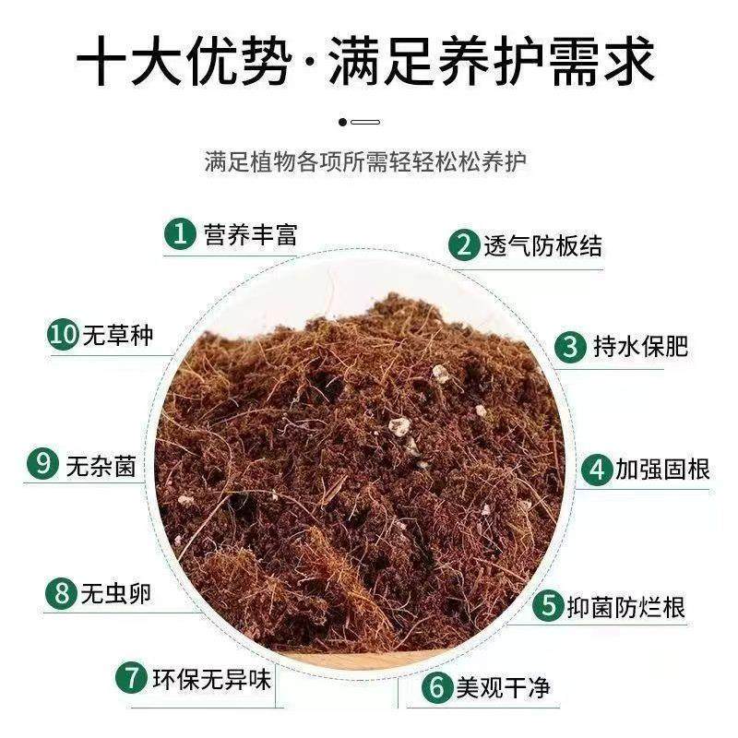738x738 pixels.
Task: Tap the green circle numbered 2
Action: (x=463, y=245)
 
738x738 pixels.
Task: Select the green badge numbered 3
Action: (x=571, y=346)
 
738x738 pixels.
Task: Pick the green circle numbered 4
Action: (x=597, y=470)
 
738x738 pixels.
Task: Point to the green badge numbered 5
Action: (x=551, y=606)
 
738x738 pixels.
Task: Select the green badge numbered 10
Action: (x=63, y=337)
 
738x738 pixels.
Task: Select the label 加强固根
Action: (x=661, y=470)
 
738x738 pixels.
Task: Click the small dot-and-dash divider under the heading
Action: (x=360, y=121)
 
